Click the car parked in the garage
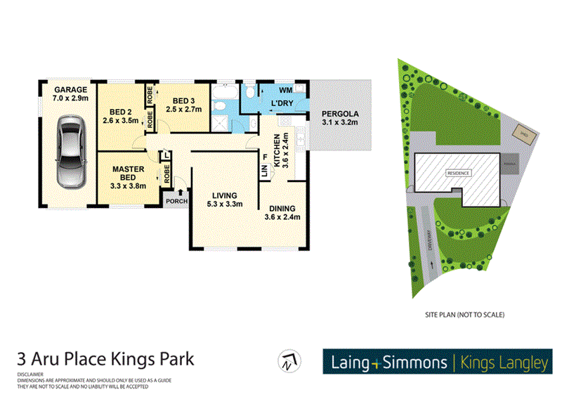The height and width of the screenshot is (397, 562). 68,152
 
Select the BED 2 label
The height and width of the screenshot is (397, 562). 122,112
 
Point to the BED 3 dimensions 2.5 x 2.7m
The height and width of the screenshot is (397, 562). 183,109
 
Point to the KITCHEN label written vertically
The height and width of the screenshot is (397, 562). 278,149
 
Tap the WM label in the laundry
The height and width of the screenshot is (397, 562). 285,91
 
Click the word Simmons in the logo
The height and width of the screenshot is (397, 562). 414,363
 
